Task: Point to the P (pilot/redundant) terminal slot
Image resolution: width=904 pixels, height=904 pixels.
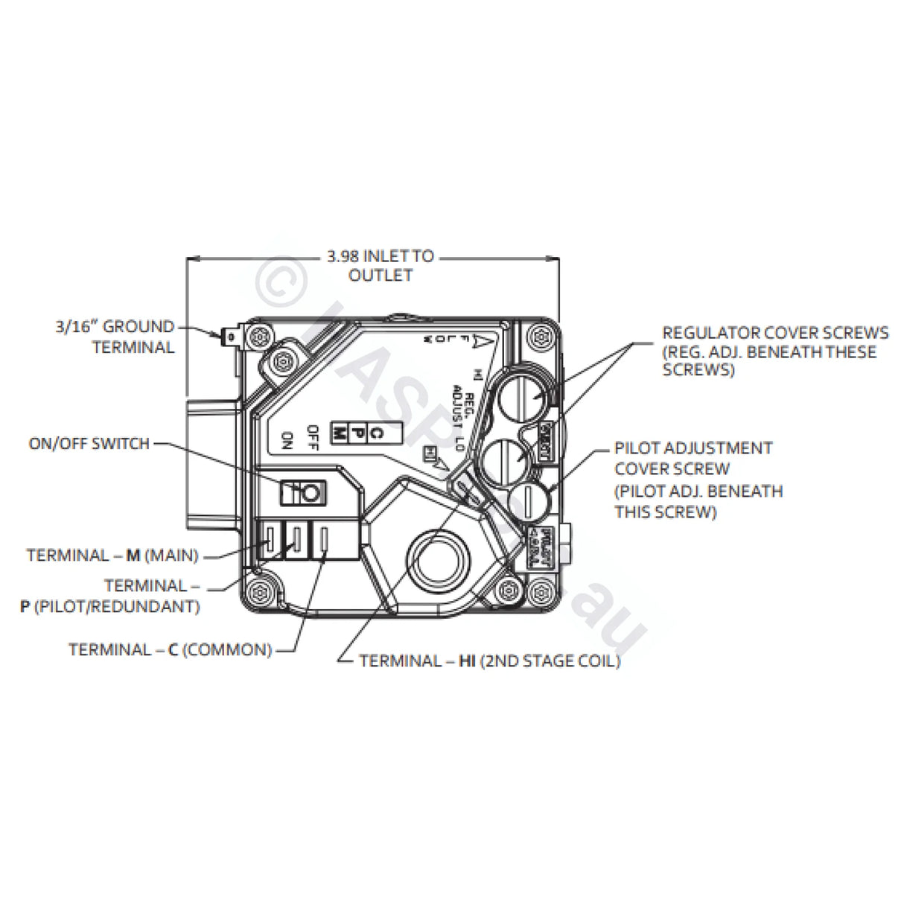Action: click(x=297, y=538)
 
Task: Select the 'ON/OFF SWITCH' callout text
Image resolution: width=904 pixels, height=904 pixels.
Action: click(x=89, y=444)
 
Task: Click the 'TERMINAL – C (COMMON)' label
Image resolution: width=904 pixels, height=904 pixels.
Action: click(x=170, y=650)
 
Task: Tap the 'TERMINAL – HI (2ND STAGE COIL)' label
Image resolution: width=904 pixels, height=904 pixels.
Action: click(x=489, y=661)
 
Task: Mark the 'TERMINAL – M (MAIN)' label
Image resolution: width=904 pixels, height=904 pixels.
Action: click(x=112, y=556)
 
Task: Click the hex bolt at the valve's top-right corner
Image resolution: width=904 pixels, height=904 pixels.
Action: click(x=541, y=338)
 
